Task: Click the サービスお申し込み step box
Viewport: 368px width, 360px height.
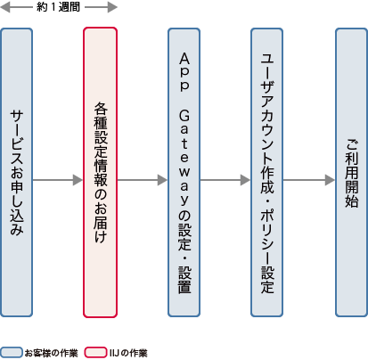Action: click(17, 173)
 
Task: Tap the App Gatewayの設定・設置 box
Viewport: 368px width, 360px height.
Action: click(184, 173)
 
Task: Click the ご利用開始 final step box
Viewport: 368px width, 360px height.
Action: click(351, 173)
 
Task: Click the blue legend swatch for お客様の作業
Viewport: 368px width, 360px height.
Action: click(12, 352)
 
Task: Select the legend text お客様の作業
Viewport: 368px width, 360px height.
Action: click(52, 352)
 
